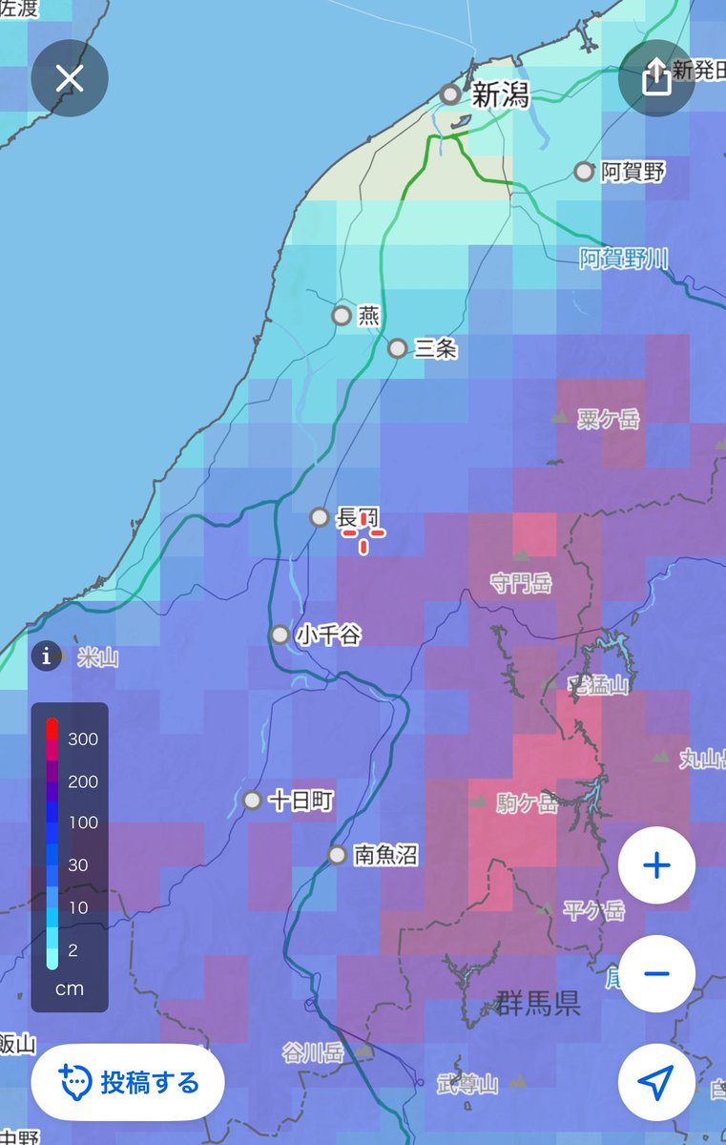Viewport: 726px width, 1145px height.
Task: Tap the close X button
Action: [x=70, y=78]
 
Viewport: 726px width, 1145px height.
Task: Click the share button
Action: [x=656, y=78]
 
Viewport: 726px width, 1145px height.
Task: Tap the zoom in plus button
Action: [x=656, y=865]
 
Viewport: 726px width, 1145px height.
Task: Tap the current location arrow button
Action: [x=656, y=1082]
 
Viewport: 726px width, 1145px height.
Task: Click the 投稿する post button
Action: [x=128, y=1082]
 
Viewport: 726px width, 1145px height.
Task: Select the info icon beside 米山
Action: [x=46, y=656]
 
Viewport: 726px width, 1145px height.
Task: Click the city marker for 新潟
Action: [x=450, y=94]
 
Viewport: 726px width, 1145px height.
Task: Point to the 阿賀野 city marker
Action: [x=584, y=172]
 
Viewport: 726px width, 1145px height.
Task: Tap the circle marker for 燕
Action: [x=342, y=315]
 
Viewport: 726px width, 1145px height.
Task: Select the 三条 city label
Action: [x=436, y=349]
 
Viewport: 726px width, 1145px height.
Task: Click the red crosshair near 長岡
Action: [x=363, y=532]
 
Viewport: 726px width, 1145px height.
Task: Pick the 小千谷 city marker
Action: [x=280, y=635]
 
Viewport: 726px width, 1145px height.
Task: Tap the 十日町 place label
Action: [x=301, y=801]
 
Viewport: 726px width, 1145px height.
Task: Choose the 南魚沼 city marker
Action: [x=337, y=855]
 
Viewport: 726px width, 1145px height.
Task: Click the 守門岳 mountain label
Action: [x=521, y=582]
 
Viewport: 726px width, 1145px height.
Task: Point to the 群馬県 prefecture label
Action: [x=538, y=1004]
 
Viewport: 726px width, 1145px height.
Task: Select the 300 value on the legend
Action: [x=82, y=739]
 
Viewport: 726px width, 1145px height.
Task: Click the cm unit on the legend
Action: [x=69, y=989]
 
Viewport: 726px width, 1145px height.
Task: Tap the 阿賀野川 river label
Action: [x=624, y=258]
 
